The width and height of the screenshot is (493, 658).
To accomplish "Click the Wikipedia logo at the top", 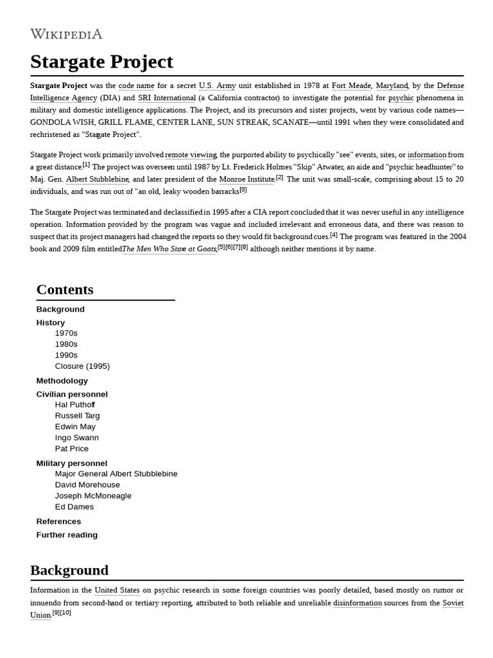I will tap(66, 34).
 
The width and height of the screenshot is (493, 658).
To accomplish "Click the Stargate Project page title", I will tap(101, 62).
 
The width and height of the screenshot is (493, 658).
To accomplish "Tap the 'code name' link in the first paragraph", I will tap(136, 85).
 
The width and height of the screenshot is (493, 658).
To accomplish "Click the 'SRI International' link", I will tap(166, 98).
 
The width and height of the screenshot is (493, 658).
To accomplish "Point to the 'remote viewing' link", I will tap(191, 155).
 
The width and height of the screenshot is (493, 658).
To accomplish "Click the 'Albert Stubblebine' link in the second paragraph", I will tap(98, 179).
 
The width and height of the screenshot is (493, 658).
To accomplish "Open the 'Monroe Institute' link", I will tap(246, 179).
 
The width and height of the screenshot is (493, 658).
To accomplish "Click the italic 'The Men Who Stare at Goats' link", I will tap(169, 249).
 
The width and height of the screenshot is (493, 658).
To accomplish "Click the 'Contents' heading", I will tap(65, 289).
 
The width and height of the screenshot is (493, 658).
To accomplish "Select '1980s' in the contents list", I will tap(66, 344).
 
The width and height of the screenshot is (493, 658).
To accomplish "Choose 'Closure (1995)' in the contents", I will tap(82, 366).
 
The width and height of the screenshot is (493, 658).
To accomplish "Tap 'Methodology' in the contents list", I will tap(62, 380).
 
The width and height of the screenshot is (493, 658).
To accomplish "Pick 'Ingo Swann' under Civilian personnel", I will tap(77, 438).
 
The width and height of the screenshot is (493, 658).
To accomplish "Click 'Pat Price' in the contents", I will tap(72, 449).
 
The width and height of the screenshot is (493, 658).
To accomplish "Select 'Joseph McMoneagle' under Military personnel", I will tap(93, 495).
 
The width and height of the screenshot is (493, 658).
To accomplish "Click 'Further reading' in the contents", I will tap(67, 535).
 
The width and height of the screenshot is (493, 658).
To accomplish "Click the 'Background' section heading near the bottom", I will tap(69, 570).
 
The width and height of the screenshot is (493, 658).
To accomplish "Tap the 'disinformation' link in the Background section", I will tap(357, 603).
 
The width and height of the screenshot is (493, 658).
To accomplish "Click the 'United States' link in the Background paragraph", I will tap(117, 590).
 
